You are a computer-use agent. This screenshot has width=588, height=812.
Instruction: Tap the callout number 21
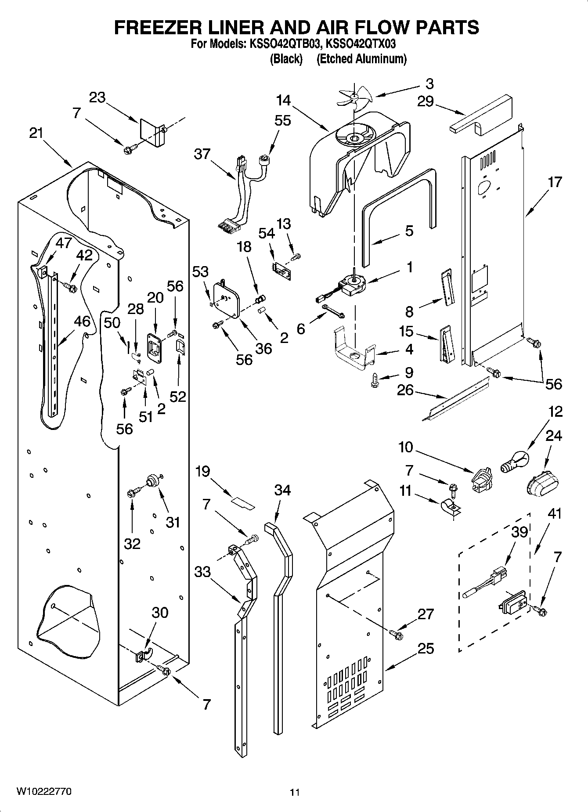pos(36,133)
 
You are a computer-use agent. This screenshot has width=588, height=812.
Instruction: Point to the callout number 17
pos(555,182)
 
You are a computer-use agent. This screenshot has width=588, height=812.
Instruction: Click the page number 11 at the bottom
pos(295,793)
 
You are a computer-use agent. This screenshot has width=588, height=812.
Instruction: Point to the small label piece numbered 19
pos(243,503)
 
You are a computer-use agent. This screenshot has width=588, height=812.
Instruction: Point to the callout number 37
pos(202,154)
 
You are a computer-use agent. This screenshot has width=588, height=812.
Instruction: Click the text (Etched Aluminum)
pos(361,59)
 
